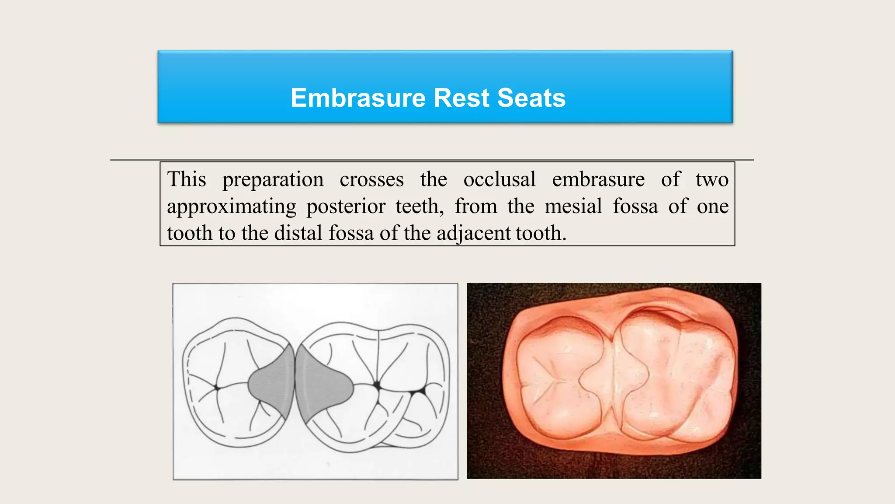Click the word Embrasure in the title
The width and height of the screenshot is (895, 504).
tap(358, 98)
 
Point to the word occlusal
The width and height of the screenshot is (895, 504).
tap(499, 179)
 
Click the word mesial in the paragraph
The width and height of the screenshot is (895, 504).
tap(573, 206)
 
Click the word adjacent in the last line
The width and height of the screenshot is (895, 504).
tap(473, 233)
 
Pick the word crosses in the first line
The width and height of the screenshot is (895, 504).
tap(371, 180)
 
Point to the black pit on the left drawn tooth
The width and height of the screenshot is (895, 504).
tap(217, 387)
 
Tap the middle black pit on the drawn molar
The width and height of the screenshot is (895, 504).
tap(377, 385)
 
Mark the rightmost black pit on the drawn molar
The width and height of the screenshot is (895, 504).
tap(422, 389)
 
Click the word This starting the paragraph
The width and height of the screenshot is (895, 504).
tap(187, 179)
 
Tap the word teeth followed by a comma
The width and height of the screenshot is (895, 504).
tap(419, 206)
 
